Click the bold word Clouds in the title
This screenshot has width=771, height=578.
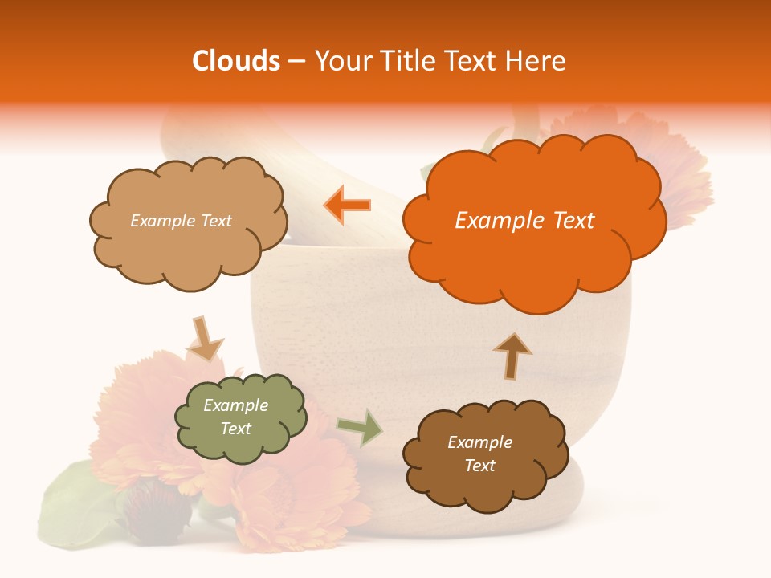tap(236, 61)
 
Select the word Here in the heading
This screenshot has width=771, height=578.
tap(537, 61)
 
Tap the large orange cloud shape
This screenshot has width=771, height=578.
tap(534, 225)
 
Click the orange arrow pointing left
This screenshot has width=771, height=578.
tap(348, 205)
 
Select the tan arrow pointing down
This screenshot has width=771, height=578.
tap(204, 339)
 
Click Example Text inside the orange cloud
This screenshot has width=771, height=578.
tap(524, 221)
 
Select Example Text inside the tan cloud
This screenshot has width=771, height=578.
tap(181, 221)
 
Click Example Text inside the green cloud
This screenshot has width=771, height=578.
tap(236, 417)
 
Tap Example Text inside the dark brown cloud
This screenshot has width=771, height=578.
tap(479, 454)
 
